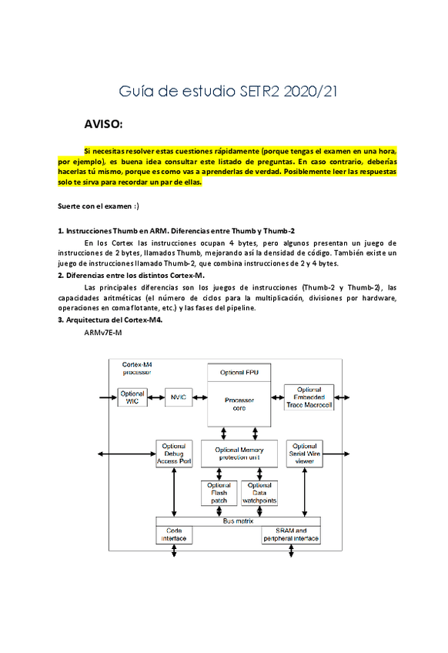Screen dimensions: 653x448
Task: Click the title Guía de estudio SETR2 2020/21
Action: tap(228, 92)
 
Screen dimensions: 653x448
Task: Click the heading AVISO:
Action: tap(103, 123)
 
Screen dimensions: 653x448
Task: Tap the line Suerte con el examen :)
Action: tap(99, 206)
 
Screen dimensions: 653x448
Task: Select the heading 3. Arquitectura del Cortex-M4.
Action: tap(110, 320)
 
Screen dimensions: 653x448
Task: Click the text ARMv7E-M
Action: tap(102, 333)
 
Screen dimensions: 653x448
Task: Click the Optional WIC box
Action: tap(132, 397)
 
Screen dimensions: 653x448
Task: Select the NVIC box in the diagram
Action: tap(178, 397)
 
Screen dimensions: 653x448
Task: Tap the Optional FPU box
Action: tap(239, 373)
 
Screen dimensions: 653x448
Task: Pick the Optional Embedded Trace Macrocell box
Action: tap(309, 397)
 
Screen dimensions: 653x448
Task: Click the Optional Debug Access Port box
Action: tap(174, 453)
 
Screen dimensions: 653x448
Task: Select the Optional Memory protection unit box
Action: tap(239, 453)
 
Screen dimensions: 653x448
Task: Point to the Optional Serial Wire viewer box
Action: tap(304, 453)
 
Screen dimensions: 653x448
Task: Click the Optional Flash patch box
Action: tap(219, 494)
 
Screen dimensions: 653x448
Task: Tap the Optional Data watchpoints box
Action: tap(259, 494)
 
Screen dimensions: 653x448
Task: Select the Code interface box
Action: tap(174, 535)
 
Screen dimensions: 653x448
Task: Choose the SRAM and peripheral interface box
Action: tap(291, 535)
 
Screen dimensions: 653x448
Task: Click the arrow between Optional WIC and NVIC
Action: tap(156, 397)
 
